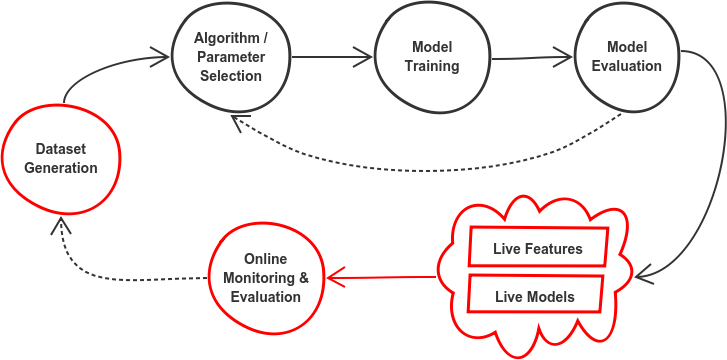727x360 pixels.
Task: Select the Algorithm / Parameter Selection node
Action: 230,58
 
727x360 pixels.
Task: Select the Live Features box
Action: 537,247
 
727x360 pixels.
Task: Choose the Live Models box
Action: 537,296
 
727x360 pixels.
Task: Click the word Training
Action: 432,66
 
